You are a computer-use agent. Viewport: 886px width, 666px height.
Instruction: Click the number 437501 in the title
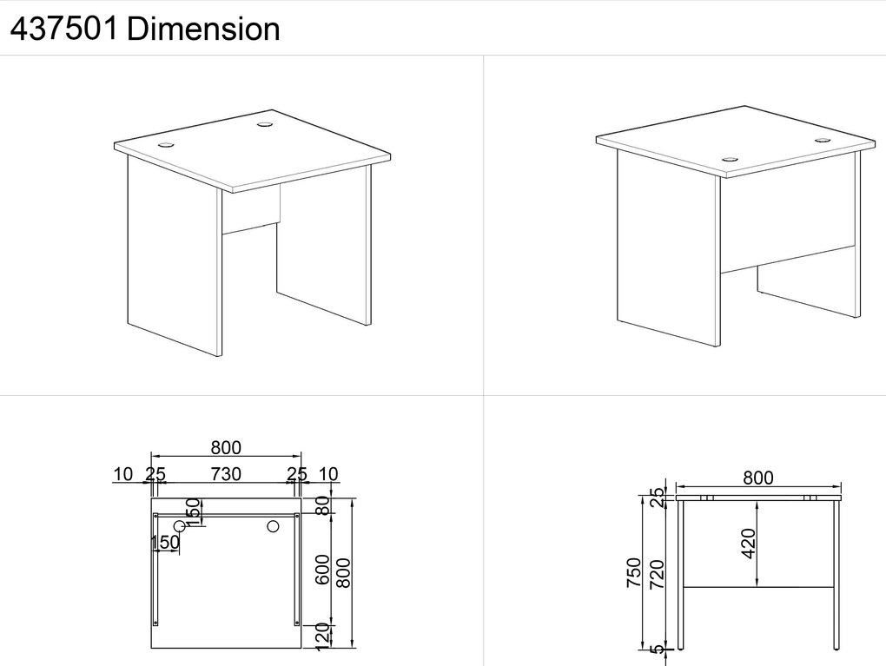(64, 29)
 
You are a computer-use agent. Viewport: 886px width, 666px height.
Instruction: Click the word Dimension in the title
(203, 29)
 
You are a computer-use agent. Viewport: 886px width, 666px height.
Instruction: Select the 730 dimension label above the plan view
(226, 474)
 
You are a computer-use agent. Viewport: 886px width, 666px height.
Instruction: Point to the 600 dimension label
(322, 570)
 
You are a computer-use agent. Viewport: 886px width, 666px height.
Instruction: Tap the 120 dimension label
(322, 636)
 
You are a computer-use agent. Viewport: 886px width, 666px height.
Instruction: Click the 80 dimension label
(322, 505)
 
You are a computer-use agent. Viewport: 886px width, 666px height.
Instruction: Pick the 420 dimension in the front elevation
(748, 544)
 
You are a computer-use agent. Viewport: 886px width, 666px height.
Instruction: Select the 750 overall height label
(634, 572)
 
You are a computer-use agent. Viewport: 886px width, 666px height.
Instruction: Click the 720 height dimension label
(657, 574)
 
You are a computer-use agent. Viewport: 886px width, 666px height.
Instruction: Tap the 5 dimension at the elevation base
(657, 650)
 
